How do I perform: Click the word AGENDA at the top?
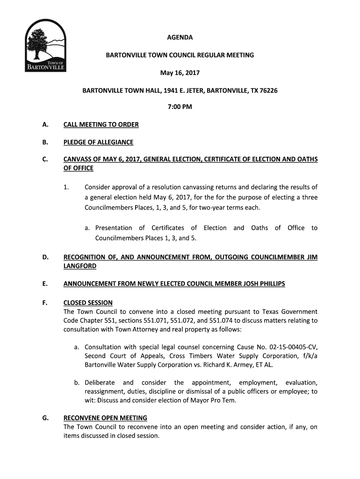coord(180,37)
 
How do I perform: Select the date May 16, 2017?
coord(180,73)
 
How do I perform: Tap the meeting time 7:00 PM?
coord(180,107)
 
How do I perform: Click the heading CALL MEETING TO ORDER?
coord(101,125)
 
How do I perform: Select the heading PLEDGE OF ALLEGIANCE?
coord(98,142)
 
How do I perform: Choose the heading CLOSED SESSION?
coord(88,303)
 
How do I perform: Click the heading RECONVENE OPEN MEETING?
coord(105,418)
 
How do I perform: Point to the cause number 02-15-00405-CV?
coord(290,347)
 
